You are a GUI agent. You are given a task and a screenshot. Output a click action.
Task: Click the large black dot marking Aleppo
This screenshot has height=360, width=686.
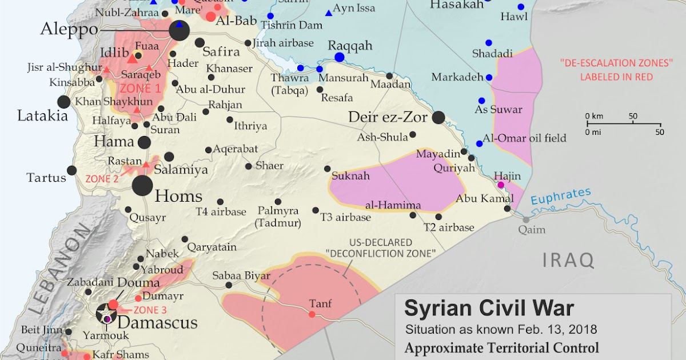coord(179,31)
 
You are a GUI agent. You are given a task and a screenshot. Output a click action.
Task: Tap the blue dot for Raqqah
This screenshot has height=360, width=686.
coord(340,57)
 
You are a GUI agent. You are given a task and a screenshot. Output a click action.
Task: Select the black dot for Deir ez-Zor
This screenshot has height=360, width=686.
coord(438,118)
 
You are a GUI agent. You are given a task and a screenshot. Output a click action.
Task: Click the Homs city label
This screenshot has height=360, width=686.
coord(179,197)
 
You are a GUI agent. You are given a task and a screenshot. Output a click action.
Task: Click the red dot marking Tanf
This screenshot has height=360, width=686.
coord(312,314)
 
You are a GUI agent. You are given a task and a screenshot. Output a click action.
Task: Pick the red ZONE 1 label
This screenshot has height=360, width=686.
coord(140,89)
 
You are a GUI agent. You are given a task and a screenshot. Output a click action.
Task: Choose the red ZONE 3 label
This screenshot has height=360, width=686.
coord(150,310)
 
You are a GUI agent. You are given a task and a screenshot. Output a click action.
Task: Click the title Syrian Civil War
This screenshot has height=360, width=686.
coord(489,309)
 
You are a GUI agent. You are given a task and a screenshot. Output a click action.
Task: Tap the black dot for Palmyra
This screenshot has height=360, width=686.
coord(278,202)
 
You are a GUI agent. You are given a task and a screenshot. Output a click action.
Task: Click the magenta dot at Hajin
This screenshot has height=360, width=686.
coord(501,185)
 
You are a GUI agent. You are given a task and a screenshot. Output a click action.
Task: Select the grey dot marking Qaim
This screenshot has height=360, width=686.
coord(526,219)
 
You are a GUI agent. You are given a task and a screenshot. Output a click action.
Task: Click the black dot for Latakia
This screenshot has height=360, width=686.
coord(64,102)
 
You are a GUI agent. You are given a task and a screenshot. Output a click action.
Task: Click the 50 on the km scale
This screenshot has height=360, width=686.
coord(633,117)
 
